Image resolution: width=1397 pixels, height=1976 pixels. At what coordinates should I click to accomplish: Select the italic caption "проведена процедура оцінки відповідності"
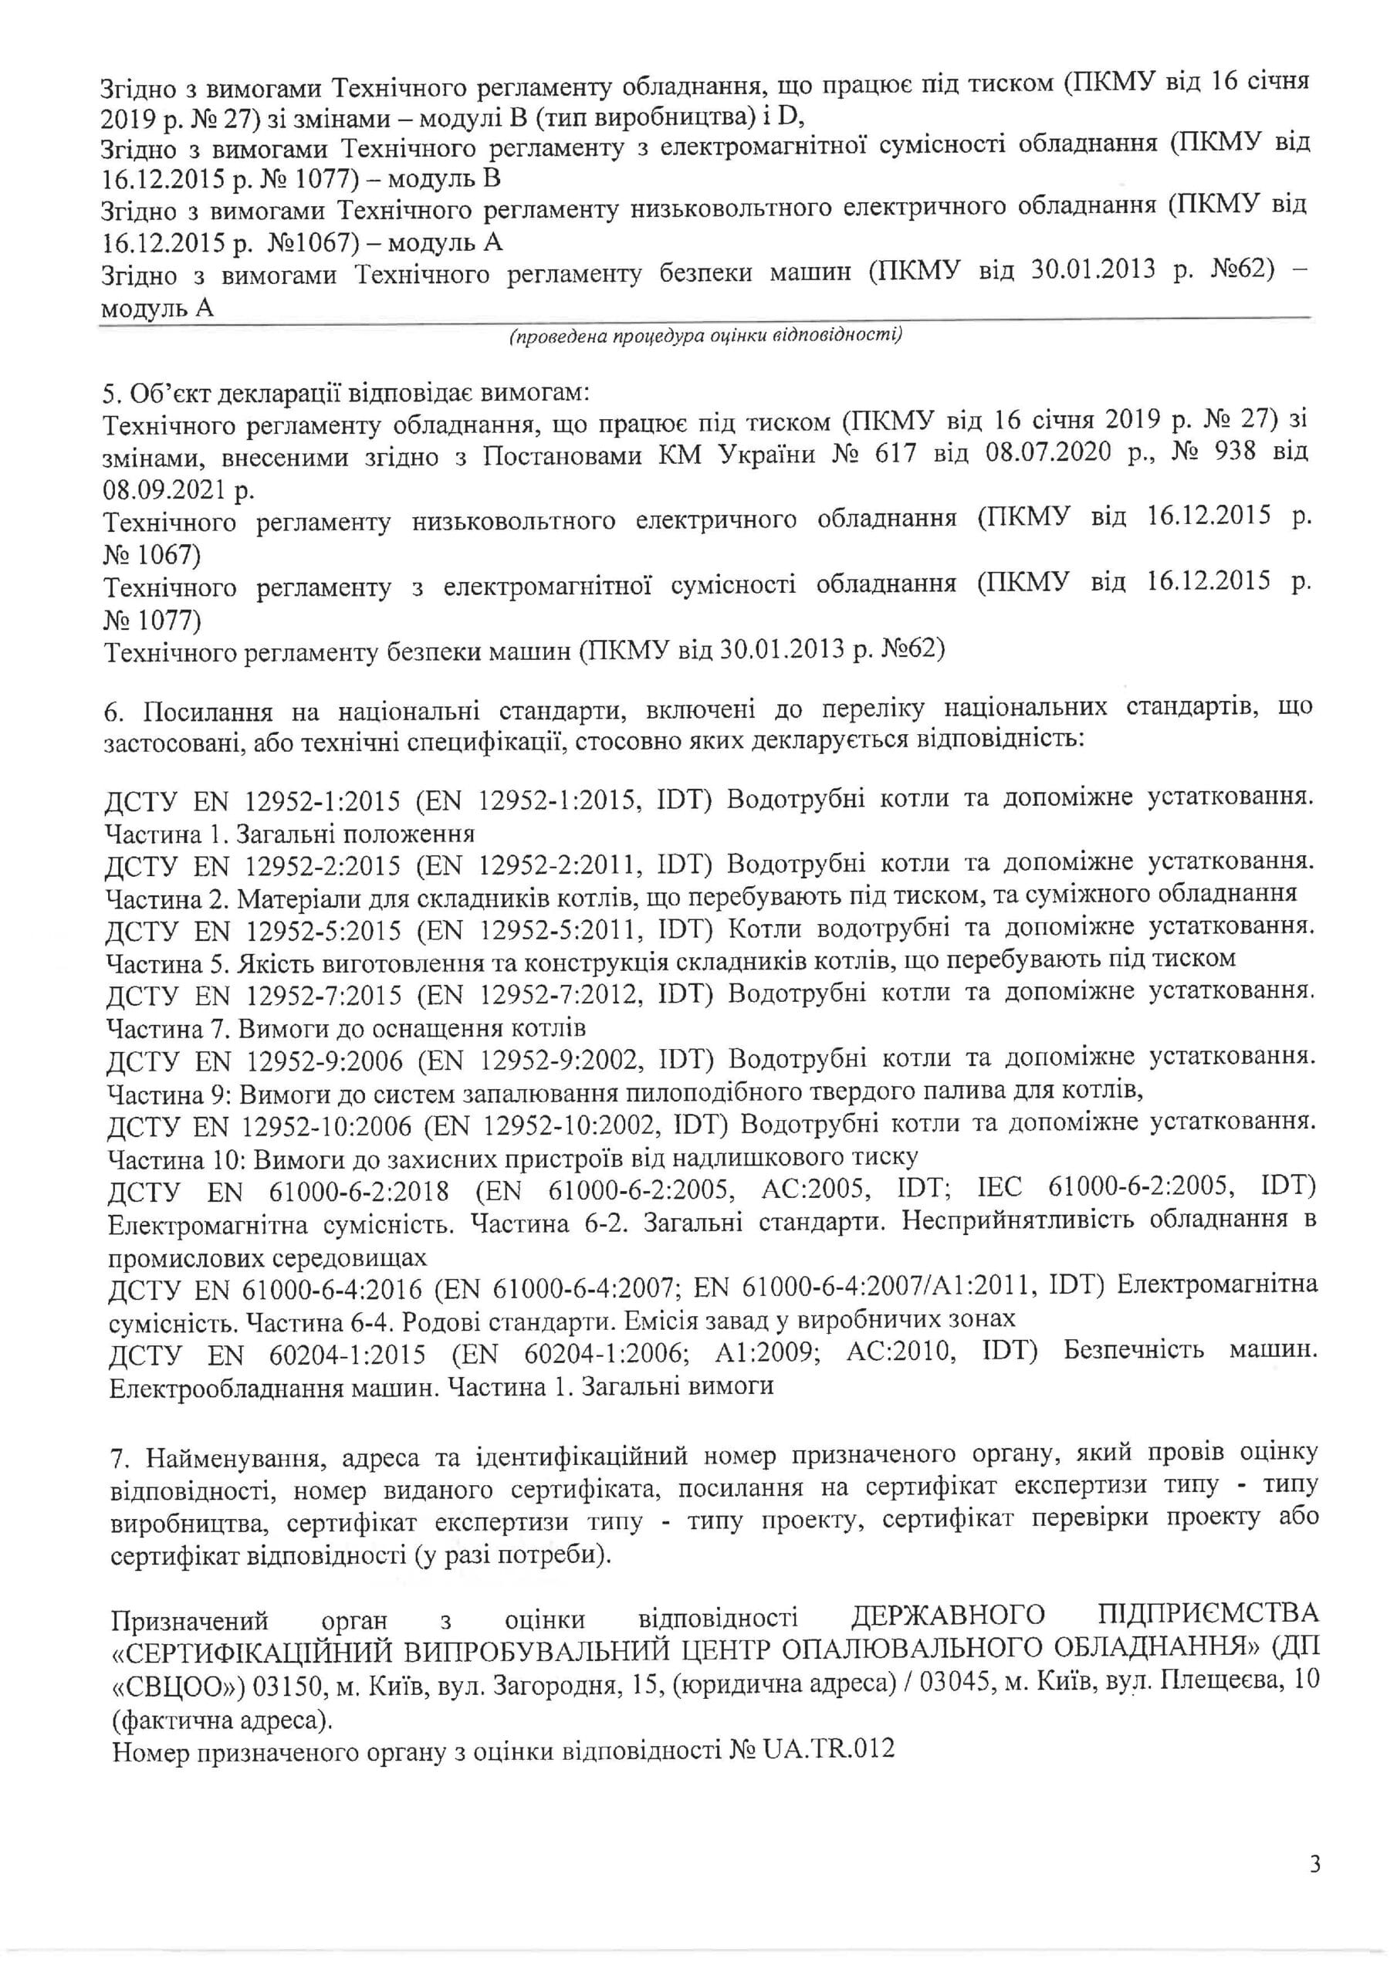[705, 335]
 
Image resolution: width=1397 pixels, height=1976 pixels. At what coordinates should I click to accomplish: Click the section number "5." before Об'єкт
[113, 394]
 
